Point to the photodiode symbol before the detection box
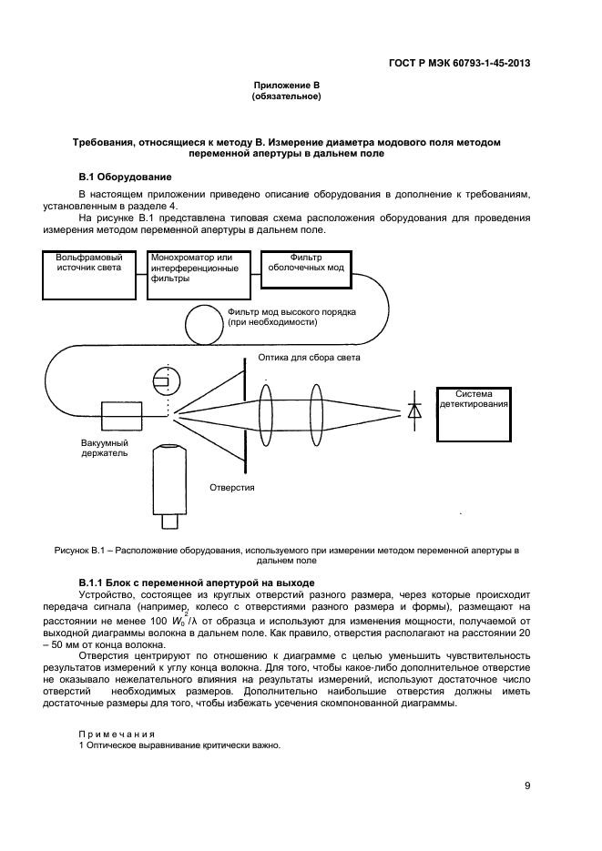[415, 411]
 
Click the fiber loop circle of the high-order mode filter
[204, 323]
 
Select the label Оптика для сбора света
[309, 358]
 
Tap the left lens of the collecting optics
[267, 411]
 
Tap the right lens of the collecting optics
[316, 411]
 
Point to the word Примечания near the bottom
[116, 734]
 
